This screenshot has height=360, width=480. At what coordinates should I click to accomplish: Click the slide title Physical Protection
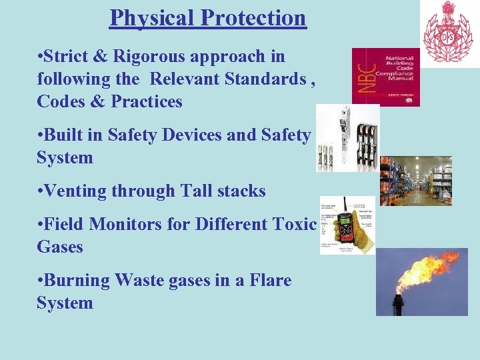tap(207, 18)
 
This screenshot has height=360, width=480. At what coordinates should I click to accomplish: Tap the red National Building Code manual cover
tap(385, 77)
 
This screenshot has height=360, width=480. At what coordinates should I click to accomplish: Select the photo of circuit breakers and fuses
tap(347, 138)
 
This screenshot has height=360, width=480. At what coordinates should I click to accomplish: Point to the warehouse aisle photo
tap(415, 181)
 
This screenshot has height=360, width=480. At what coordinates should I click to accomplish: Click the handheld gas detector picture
tap(347, 225)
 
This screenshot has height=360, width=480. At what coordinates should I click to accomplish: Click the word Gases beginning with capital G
tap(60, 247)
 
